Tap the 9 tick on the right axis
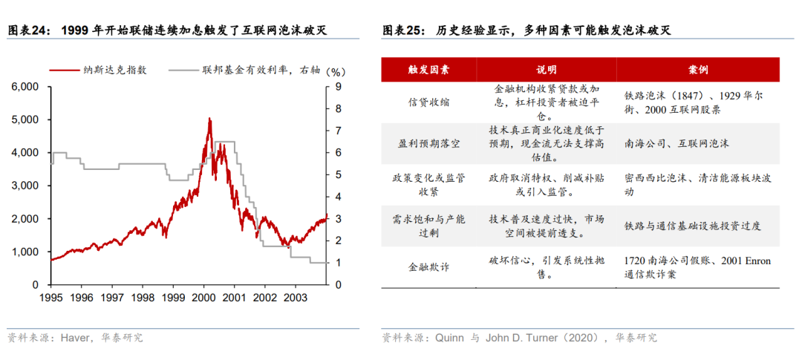click(337, 87)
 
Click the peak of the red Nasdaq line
click(209, 119)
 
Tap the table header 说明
click(546, 70)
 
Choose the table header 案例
click(698, 70)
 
